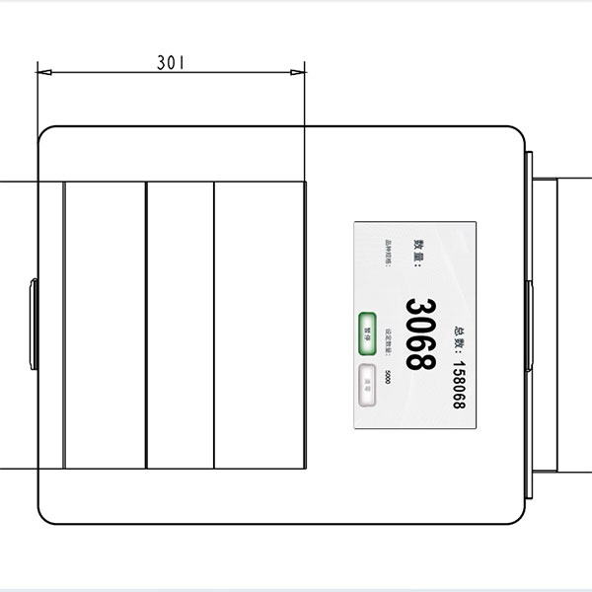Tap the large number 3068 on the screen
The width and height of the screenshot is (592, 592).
(421, 333)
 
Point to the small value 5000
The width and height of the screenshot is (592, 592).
(389, 378)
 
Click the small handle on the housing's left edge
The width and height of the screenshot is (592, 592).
(34, 325)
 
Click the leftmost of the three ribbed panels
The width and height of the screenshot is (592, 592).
(105, 325)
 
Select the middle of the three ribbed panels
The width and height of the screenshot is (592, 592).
(181, 325)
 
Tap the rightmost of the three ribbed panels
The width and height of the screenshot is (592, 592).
(259, 325)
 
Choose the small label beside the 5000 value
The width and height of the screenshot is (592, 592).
(388, 340)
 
